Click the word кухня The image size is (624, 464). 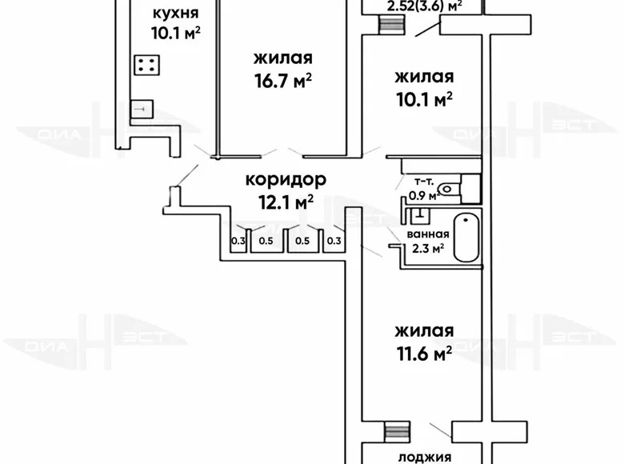coord(175,14)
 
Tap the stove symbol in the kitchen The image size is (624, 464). coord(146,66)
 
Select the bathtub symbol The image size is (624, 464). coord(465,238)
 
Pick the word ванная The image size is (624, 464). coord(427,234)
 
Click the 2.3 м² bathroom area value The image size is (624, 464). coord(427,248)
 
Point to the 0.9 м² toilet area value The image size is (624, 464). coord(422,194)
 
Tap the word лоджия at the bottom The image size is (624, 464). coord(424,458)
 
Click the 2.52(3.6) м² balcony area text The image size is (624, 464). coord(424,7)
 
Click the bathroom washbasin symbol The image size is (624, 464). coord(420,214)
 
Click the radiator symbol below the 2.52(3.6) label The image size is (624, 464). coord(390,23)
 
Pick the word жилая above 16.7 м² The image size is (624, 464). coord(282,58)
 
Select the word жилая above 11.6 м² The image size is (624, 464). coord(423,330)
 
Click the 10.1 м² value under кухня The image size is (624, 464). coord(175,33)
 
